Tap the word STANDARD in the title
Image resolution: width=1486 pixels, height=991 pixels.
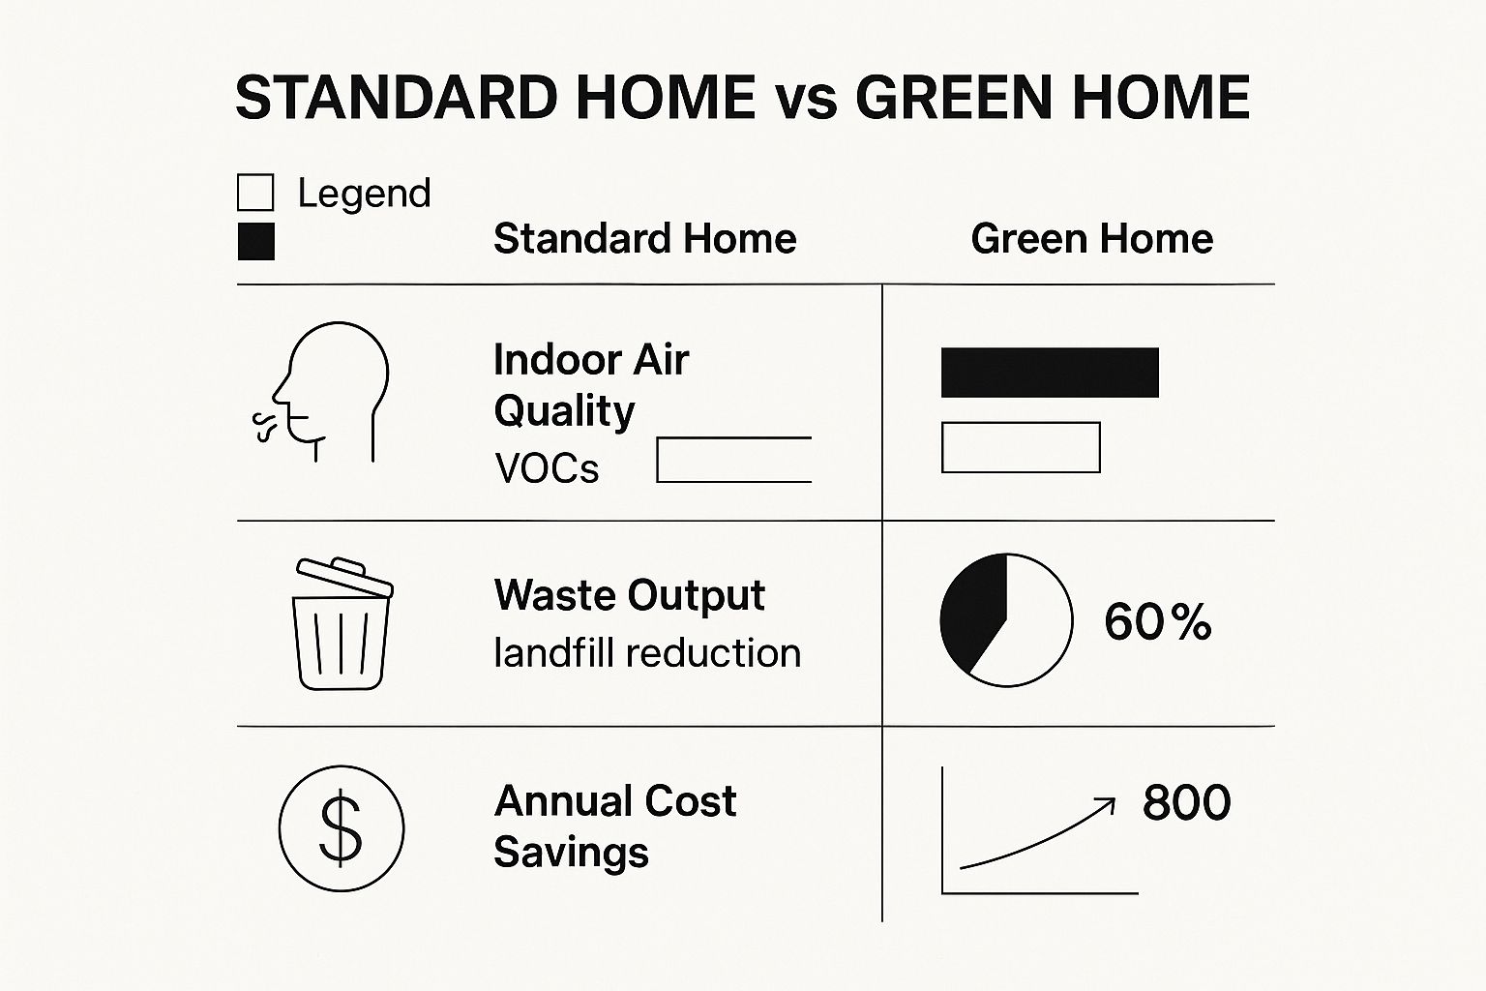click(x=396, y=98)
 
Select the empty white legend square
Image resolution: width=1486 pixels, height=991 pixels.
click(x=255, y=193)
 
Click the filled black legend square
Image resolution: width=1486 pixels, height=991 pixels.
click(x=255, y=241)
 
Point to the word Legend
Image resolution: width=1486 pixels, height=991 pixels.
click(x=364, y=194)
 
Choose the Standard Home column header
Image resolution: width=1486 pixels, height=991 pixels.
click(x=644, y=239)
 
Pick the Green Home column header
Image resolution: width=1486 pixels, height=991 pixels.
click(x=1091, y=239)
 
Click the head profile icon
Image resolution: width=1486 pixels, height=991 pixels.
click(x=329, y=391)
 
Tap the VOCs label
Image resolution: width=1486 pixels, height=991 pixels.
click(x=547, y=469)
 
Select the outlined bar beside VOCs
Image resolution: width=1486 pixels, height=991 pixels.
click(x=733, y=460)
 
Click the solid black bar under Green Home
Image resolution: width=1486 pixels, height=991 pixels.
click(x=1050, y=373)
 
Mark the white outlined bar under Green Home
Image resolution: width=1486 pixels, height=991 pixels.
click(x=1021, y=447)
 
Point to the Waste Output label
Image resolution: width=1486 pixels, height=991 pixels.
click(x=629, y=595)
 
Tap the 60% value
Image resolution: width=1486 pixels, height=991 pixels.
click(x=1157, y=622)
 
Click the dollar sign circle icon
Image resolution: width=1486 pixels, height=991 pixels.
click(x=341, y=828)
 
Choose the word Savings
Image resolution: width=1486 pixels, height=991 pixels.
click(x=571, y=853)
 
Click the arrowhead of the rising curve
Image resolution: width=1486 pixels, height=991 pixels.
click(x=1106, y=804)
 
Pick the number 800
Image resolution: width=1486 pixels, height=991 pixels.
click(x=1186, y=802)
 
